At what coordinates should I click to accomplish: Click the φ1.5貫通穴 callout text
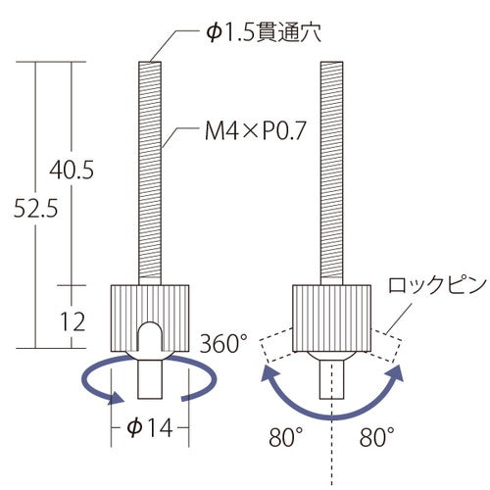[264, 32]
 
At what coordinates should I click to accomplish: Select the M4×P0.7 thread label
[255, 130]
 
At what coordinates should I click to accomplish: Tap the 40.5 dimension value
[72, 170]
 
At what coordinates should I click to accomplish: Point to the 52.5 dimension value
[35, 208]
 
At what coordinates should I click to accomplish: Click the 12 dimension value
[73, 321]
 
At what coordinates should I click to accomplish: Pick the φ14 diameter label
[150, 427]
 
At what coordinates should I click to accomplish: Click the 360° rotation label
[223, 343]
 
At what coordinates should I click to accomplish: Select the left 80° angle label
[286, 437]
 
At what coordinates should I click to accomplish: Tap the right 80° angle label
[377, 437]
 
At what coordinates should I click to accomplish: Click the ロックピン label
[437, 285]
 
